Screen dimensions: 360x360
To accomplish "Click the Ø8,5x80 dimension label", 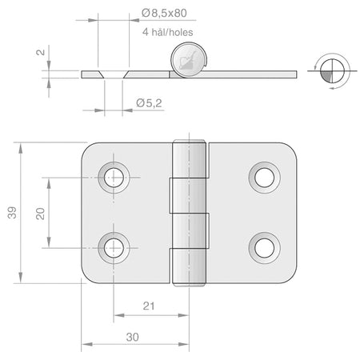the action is pos(164,13).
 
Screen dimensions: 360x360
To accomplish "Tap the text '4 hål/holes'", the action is pos(167,32).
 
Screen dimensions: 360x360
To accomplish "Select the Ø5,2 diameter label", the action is pos(149,103).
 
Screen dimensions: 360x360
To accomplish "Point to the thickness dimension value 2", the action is pos(41,52).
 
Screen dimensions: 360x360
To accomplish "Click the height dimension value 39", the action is pos(12,213).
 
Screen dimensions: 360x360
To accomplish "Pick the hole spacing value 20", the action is pos(40,214).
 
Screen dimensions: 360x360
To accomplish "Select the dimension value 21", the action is pos(149,306).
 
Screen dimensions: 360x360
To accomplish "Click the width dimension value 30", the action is pos(133,337).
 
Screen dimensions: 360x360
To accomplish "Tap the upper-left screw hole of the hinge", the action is pos(114,178).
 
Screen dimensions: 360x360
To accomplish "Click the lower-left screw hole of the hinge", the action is pos(114,248).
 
